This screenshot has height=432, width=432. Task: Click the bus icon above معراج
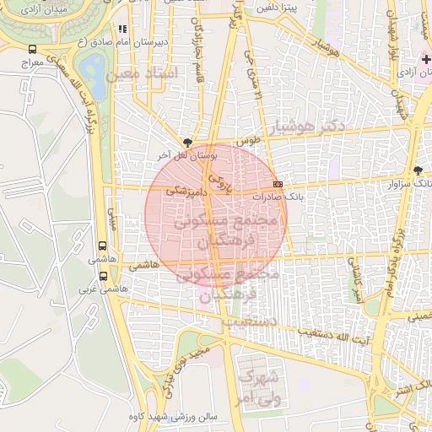(x=32, y=50)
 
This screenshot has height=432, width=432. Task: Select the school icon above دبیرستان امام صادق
(x=123, y=29)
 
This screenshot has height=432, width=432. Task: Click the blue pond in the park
(x=92, y=67)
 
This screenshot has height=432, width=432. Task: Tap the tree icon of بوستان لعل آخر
(x=186, y=143)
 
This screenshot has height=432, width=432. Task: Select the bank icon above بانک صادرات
(x=278, y=183)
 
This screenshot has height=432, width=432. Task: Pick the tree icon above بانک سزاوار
(x=418, y=170)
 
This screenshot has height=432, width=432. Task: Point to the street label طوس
(x=246, y=143)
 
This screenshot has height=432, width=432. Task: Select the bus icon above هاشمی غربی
(x=103, y=275)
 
